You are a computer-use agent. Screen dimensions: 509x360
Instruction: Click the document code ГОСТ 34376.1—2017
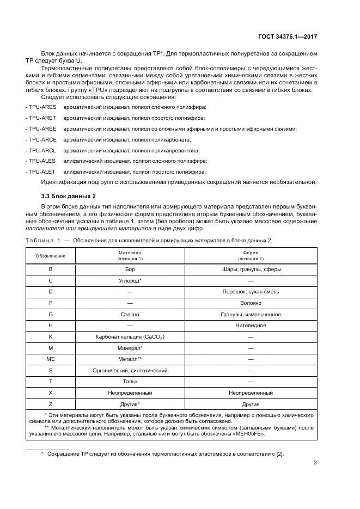288,36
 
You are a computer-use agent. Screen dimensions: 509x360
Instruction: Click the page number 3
315,463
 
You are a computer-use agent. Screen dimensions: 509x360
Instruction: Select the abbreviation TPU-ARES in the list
41,107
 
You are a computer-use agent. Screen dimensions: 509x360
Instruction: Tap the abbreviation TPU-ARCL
41,150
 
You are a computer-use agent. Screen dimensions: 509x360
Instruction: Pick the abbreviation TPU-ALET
41,171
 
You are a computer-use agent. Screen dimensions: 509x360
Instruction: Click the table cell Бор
130,269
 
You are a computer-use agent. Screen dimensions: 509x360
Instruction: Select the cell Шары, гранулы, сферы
251,269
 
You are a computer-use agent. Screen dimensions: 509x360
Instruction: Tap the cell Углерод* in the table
130,280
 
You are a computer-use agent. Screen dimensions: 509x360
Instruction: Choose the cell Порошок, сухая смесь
251,291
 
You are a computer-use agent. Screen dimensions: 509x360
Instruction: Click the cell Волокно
251,303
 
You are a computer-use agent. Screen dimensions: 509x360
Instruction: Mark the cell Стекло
130,314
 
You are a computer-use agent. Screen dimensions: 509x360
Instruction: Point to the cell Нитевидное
251,325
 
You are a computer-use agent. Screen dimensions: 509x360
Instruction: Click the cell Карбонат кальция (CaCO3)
130,337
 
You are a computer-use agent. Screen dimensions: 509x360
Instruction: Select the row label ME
51,359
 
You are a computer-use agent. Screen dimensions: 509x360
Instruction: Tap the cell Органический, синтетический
130,370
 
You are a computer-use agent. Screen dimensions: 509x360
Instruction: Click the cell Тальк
130,382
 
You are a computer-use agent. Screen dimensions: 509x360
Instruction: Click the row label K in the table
51,336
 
